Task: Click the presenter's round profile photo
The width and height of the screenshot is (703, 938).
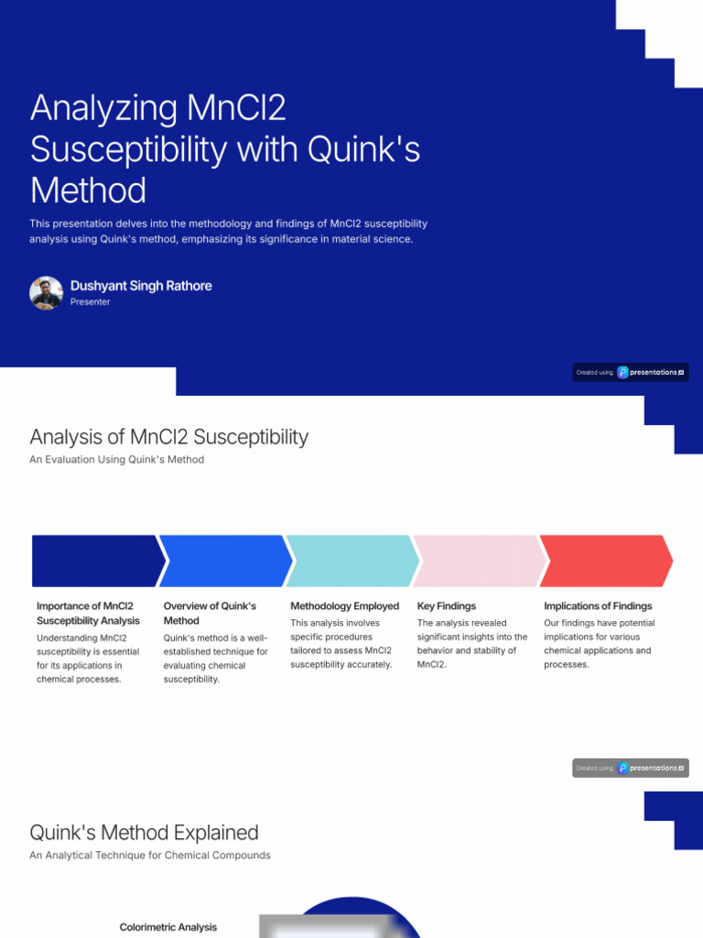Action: point(46,293)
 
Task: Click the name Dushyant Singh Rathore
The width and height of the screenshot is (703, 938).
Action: point(141,286)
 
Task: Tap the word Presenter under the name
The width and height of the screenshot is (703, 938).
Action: point(90,301)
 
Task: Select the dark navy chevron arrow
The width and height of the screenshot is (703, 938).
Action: point(96,561)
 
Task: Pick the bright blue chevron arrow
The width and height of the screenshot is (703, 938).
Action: point(224,561)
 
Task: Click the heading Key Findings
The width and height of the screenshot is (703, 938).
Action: point(447,605)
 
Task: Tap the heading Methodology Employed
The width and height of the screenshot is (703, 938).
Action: point(344,605)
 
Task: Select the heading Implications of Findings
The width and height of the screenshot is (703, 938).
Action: point(598,605)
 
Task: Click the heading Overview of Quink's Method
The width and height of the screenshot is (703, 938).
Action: point(210,613)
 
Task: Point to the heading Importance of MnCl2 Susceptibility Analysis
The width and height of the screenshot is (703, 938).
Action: point(88,613)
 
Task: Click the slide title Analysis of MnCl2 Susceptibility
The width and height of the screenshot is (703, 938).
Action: point(168,437)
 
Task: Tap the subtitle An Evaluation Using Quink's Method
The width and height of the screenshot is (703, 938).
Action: point(116,459)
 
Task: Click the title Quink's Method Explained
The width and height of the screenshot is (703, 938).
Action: point(144,833)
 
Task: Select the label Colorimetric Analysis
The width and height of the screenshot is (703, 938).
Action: point(168,927)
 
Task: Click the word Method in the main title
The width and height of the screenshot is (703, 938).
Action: point(88,191)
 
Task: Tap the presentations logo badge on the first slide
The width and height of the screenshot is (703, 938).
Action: point(631,372)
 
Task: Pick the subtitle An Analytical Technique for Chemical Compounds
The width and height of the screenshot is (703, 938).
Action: point(150,855)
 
